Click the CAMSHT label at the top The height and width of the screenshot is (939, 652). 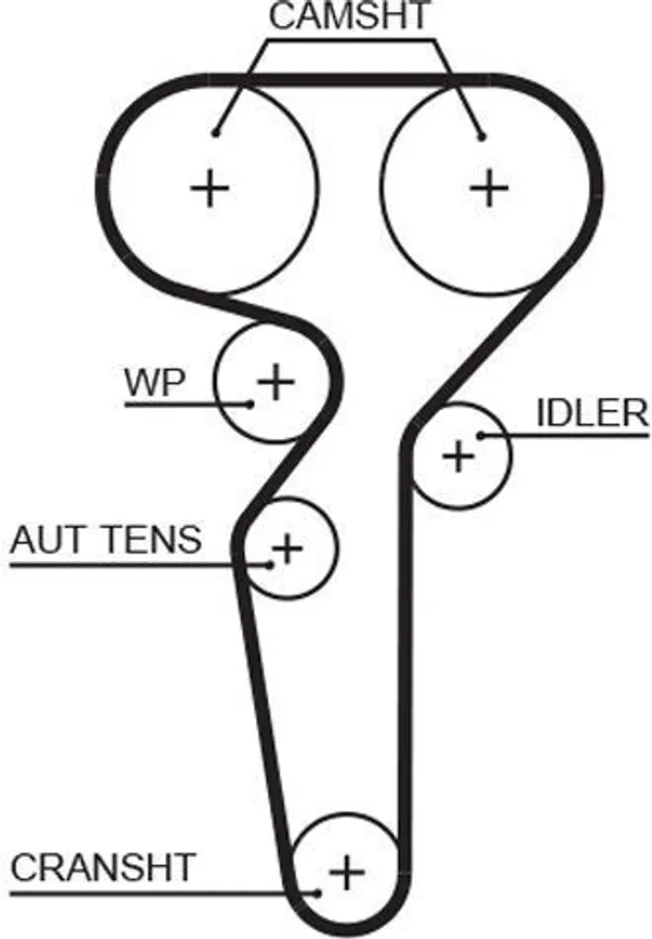click(x=349, y=17)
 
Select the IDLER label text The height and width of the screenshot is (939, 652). click(x=592, y=413)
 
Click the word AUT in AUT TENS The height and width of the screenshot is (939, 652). click(x=50, y=539)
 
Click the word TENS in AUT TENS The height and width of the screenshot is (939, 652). click(x=152, y=539)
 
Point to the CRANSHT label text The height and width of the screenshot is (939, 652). click(x=103, y=867)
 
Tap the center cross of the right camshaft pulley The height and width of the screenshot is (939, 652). click(x=489, y=188)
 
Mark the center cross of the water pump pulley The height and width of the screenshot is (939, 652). click(x=276, y=381)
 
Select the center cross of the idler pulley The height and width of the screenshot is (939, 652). click(x=459, y=457)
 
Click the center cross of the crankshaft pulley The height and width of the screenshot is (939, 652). click(x=347, y=872)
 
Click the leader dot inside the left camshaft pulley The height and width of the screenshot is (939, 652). click(x=215, y=132)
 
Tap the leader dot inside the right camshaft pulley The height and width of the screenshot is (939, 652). click(x=481, y=137)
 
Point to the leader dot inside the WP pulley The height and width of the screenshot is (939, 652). click(x=251, y=403)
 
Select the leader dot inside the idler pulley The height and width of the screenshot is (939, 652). click(x=481, y=436)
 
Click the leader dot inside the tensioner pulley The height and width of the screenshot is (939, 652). click(x=271, y=564)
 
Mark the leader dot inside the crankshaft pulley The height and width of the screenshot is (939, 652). click(x=317, y=893)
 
